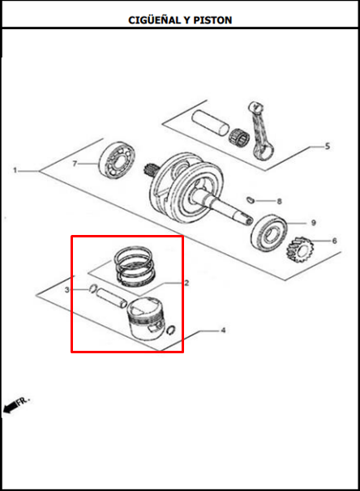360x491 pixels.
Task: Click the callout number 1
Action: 15,170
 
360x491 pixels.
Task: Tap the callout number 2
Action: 186,283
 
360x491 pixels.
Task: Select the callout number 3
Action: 66,290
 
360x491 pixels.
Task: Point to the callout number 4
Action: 223,330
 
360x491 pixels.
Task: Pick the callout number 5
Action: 328,146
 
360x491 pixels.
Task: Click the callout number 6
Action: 334,241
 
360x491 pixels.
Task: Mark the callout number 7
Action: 75,164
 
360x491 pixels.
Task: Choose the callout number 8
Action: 279,201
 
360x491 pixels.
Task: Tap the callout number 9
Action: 313,223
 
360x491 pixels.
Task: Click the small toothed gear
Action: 298,250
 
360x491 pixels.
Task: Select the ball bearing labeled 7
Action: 117,160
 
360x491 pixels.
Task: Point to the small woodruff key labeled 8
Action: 250,199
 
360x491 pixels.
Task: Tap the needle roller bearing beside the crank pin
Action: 238,137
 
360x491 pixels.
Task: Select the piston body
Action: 145,318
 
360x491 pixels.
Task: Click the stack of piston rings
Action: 135,266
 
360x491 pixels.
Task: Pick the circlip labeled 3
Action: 92,288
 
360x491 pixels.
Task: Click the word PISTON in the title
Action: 212,20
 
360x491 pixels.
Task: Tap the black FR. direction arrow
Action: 11,407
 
